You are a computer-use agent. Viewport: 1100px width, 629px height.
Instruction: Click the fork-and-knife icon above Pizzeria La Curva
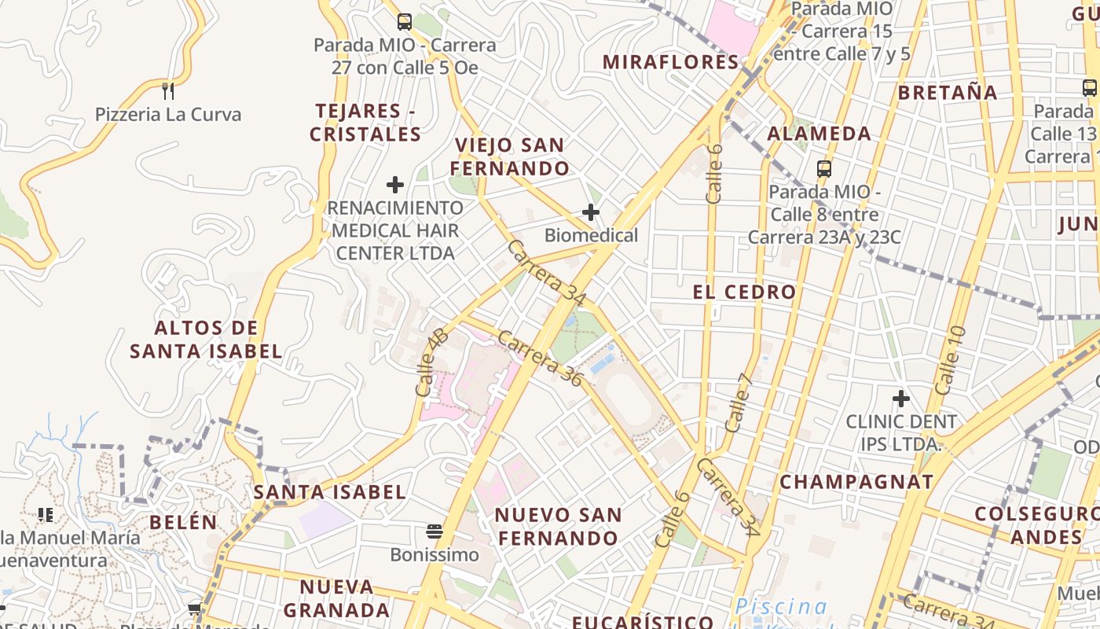pyautogui.click(x=167, y=90)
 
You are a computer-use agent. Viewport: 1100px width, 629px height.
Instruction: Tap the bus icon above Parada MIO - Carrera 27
pyautogui.click(x=405, y=22)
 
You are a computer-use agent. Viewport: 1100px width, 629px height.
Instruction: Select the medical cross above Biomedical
pyautogui.click(x=590, y=212)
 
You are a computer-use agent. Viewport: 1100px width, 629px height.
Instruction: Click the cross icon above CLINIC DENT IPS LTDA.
pyautogui.click(x=900, y=399)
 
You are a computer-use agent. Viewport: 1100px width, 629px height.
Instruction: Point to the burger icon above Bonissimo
pyautogui.click(x=434, y=532)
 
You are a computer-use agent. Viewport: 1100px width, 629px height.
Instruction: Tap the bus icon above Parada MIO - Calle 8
pyautogui.click(x=824, y=168)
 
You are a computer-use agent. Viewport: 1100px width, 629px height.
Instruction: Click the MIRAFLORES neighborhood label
pyautogui.click(x=671, y=62)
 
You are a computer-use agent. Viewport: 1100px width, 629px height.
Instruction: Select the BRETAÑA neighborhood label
pyautogui.click(x=948, y=93)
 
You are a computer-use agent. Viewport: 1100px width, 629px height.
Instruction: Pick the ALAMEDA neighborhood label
pyautogui.click(x=819, y=134)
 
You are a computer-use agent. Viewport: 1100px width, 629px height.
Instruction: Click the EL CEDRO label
pyautogui.click(x=744, y=292)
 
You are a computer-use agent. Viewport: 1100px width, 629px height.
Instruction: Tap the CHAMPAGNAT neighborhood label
pyautogui.click(x=856, y=482)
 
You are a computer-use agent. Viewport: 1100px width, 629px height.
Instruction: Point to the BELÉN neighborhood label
pyautogui.click(x=183, y=522)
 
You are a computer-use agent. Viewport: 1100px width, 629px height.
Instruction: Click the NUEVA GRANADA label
pyautogui.click(x=336, y=598)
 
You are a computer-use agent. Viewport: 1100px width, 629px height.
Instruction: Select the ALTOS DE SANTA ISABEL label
pyautogui.click(x=206, y=340)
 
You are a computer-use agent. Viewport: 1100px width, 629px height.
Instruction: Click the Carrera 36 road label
pyautogui.click(x=541, y=359)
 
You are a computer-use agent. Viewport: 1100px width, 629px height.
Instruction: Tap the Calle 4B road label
pyautogui.click(x=431, y=362)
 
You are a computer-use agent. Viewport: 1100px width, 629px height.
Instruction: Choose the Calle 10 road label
pyautogui.click(x=949, y=360)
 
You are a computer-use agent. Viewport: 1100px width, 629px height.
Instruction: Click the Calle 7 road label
pyautogui.click(x=739, y=403)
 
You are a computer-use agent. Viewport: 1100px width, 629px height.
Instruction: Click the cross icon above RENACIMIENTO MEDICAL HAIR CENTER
pyautogui.click(x=395, y=185)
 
